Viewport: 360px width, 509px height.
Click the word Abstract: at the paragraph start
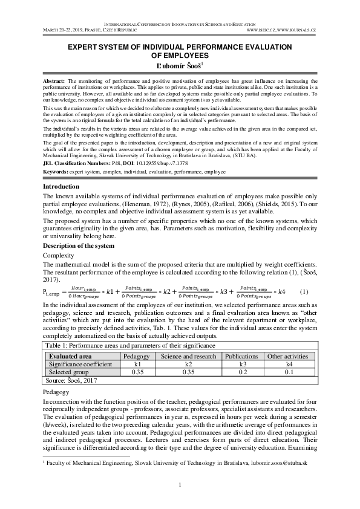coord(55,80)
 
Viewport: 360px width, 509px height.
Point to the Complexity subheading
coord(60,256)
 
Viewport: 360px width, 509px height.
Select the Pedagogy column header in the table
coord(136,356)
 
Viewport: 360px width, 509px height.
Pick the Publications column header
coord(241,356)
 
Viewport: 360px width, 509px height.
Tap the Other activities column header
coord(287,356)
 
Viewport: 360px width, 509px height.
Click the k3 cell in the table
coord(241,365)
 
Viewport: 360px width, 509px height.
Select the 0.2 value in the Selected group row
coord(241,372)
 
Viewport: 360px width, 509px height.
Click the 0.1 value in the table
coord(287,372)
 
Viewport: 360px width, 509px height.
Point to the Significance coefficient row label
coord(80,365)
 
